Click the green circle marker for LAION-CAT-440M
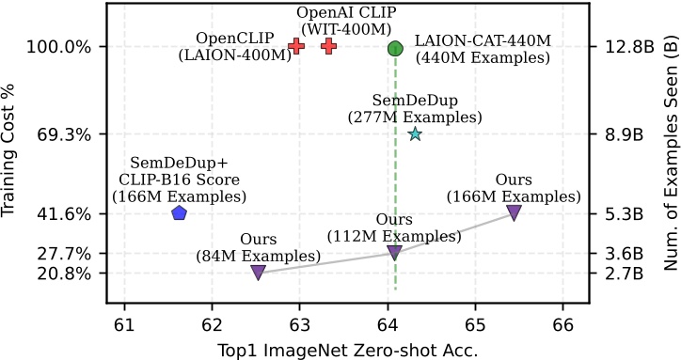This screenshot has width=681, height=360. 395,48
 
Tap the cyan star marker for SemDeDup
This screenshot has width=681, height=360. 415,134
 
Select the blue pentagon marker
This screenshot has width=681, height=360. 180,213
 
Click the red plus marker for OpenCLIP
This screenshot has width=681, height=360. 296,46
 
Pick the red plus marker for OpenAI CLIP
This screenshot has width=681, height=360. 328,46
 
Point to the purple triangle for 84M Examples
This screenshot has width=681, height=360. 259,273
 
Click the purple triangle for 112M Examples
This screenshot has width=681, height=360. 395,253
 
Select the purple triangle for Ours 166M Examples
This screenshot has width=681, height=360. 514,212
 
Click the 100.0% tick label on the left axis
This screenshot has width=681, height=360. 62,48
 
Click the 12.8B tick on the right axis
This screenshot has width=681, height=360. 623,48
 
